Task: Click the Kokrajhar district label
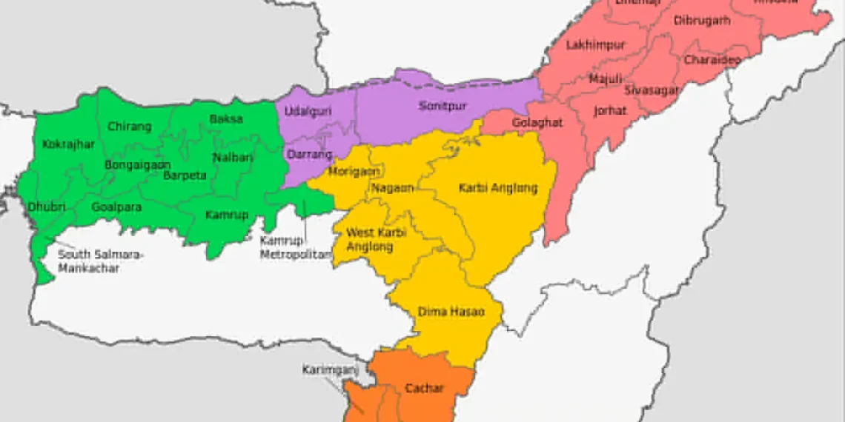68,144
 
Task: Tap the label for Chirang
129,127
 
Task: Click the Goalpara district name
116,207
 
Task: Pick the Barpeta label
185,175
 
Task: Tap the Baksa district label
225,118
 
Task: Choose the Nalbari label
233,157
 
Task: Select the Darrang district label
306,155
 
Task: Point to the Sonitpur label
442,106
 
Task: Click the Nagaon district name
393,188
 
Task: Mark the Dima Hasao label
451,312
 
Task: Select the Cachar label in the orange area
424,388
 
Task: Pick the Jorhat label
609,111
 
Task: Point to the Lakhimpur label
595,45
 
